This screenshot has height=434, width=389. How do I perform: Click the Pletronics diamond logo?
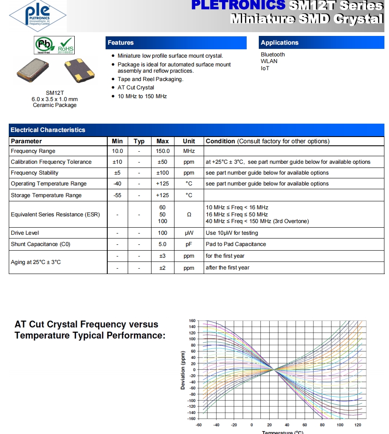coord(38,15)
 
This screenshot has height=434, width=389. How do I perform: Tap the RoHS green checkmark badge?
coord(66,45)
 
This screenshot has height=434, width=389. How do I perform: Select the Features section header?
coord(121,43)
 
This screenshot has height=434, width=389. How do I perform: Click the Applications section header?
coord(280,43)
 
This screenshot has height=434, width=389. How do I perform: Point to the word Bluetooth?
coord(273,54)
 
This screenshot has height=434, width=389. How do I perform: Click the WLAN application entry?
coord(269,61)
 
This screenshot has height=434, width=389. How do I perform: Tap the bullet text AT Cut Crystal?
coord(136,88)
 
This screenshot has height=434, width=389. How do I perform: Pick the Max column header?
coord(162,141)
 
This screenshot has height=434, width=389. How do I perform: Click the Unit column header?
coord(189,141)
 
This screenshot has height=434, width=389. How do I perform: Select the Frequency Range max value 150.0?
coord(162,151)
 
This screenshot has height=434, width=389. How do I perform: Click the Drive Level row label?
coord(25,233)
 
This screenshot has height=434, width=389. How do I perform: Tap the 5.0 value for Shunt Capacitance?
coord(162,244)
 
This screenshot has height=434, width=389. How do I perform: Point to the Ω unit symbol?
coord(189,215)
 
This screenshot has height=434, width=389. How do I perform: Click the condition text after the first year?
coord(227,268)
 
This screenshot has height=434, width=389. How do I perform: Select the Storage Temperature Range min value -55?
coord(118,195)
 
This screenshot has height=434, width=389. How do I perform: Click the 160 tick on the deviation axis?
coord(192,321)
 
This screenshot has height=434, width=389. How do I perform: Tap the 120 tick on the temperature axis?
coord(358,425)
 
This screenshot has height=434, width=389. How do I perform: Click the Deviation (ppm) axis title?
coord(183,370)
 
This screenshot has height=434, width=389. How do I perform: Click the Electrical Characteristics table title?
coord(48,130)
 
